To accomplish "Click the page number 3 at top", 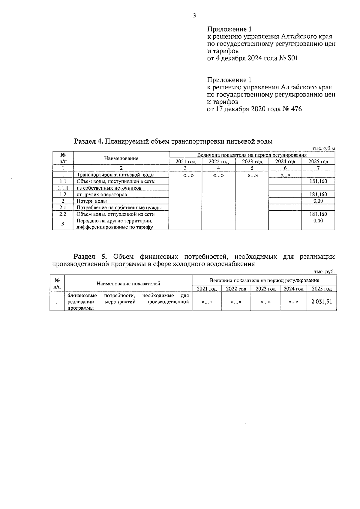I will [194, 16].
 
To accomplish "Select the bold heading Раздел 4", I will [89, 141].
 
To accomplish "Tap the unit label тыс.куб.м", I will [323, 148].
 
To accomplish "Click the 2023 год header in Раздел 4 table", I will [252, 162].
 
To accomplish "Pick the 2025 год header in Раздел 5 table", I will [322, 289].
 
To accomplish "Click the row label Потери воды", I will [92, 201].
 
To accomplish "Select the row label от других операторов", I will [102, 195].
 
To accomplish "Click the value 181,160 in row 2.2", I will [318, 214].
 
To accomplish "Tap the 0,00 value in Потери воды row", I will [318, 201].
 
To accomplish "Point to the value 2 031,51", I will [322, 302].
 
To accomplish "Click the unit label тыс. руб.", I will [324, 272].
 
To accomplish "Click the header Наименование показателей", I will [128, 284].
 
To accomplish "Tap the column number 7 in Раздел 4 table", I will [318, 168].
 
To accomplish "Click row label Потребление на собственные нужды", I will [119, 207].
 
